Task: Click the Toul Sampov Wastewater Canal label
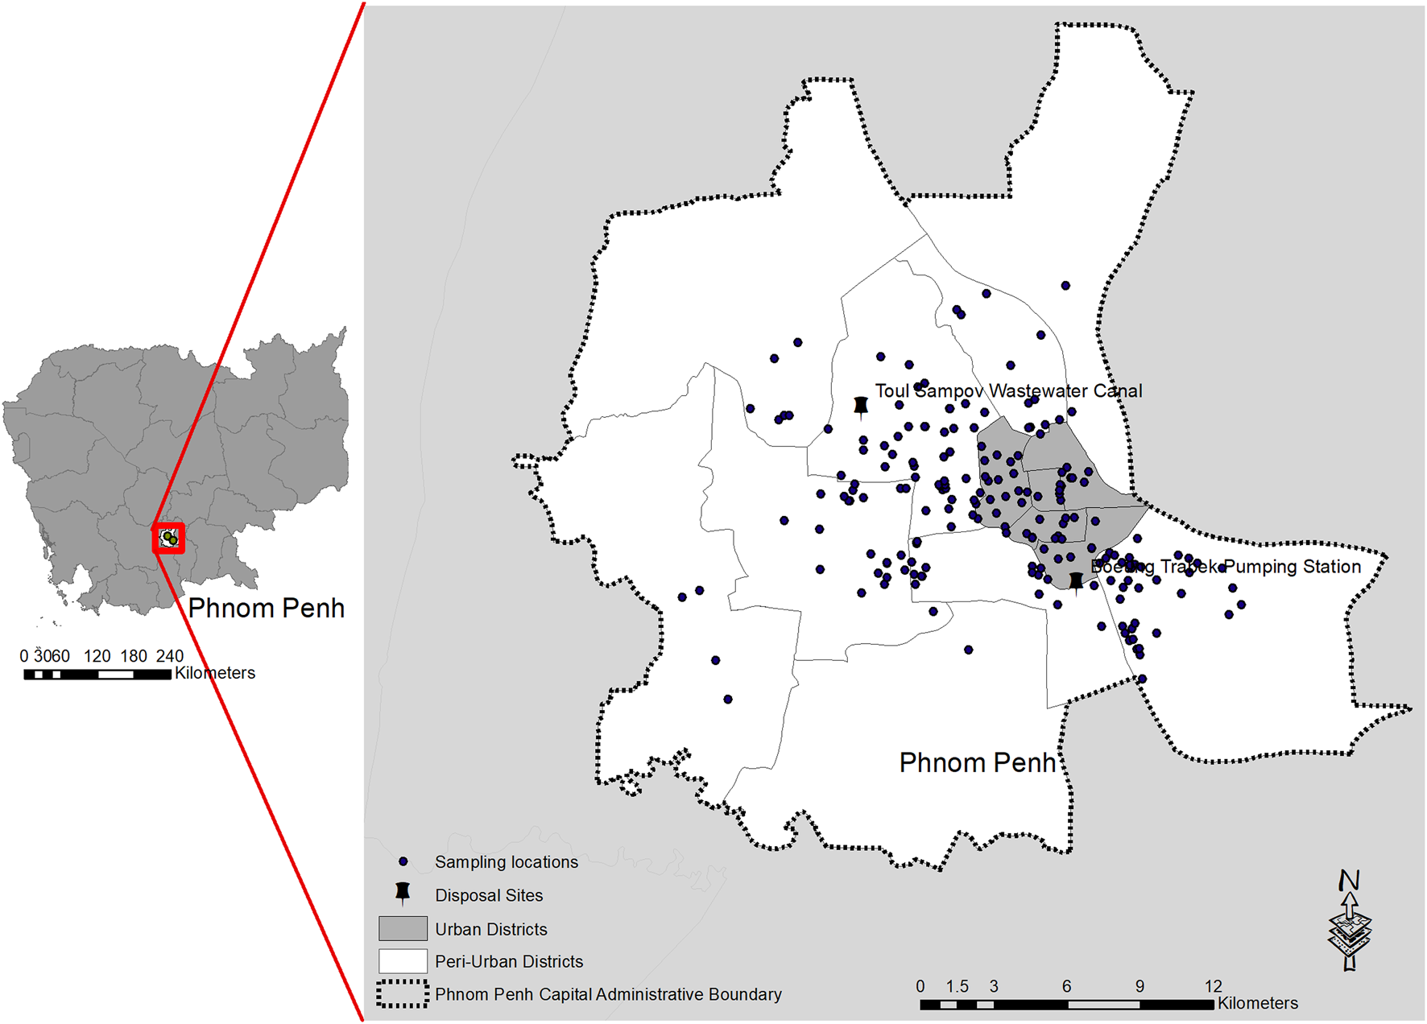tap(1008, 391)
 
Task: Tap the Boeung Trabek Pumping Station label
tap(1225, 567)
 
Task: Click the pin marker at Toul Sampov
tap(861, 406)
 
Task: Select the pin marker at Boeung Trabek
tap(1076, 580)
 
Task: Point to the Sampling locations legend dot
tap(403, 861)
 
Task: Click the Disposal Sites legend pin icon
tap(403, 893)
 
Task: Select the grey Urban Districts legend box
tap(403, 928)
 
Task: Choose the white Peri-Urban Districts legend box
tap(403, 961)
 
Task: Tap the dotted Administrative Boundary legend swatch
tap(403, 994)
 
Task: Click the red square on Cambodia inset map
tap(169, 538)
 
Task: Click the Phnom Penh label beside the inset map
tap(266, 608)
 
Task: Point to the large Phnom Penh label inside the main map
tap(977, 762)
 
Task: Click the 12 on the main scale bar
tap(1213, 986)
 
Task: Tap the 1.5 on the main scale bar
tap(957, 986)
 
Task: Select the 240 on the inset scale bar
tap(169, 656)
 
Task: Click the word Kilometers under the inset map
tap(215, 673)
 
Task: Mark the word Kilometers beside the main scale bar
tap(1258, 1003)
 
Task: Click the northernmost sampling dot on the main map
tap(1065, 286)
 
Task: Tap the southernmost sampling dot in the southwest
tap(728, 700)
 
